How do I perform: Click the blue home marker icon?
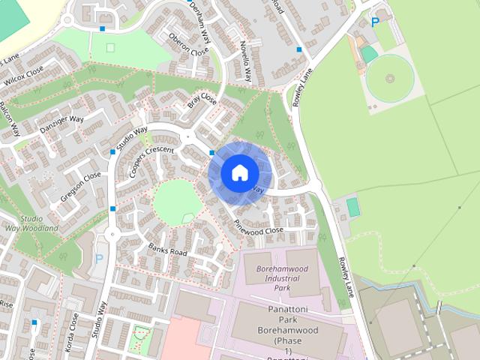click(x=238, y=172)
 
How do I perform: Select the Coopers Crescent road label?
click(x=151, y=160)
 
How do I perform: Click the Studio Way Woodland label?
click(x=31, y=223)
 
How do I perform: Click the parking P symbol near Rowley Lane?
click(x=374, y=22)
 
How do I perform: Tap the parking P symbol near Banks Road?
click(x=99, y=259)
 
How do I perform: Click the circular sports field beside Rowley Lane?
click(x=389, y=79)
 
